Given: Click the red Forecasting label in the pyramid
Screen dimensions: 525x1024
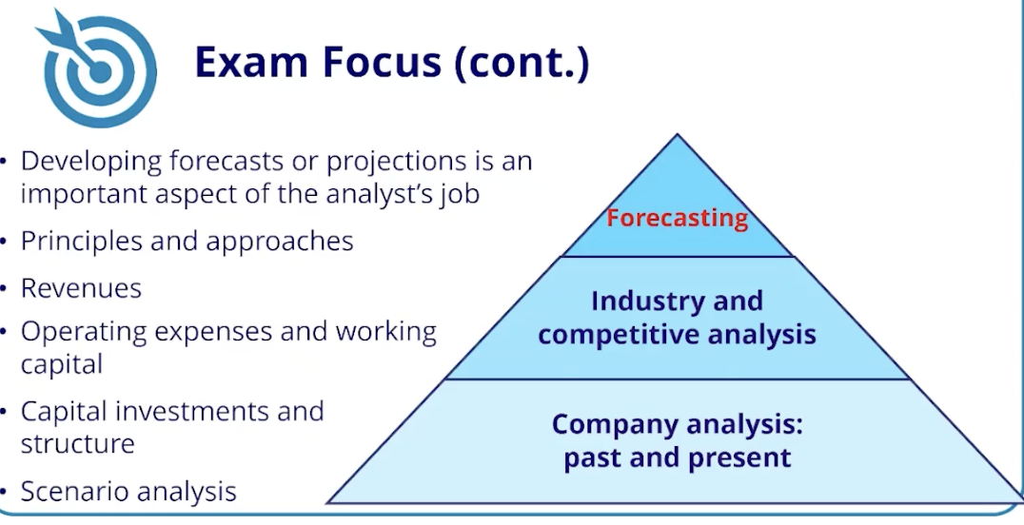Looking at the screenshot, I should pyautogui.click(x=677, y=218).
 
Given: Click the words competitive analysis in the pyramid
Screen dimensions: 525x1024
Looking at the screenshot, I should pyautogui.click(x=677, y=335).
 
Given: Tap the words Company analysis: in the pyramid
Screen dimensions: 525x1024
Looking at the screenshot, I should pyautogui.click(x=677, y=424).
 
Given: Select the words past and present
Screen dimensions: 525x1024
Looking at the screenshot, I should pyautogui.click(x=677, y=457).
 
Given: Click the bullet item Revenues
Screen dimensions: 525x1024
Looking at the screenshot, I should pyautogui.click(x=81, y=288).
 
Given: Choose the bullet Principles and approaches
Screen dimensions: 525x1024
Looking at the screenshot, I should pyautogui.click(x=187, y=242).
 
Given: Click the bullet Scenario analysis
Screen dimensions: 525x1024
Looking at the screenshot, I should pyautogui.click(x=128, y=492).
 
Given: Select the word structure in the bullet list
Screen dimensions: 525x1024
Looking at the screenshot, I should pyautogui.click(x=77, y=443).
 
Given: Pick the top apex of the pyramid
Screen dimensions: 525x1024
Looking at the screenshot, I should pyautogui.click(x=677, y=136).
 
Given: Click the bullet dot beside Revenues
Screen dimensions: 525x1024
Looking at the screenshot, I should pyautogui.click(x=7, y=289).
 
